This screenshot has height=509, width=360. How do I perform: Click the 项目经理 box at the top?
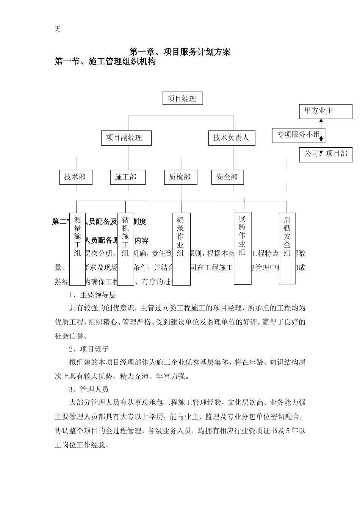point(182,99)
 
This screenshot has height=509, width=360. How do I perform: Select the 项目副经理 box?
point(126,138)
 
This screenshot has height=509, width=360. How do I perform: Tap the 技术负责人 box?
point(232,138)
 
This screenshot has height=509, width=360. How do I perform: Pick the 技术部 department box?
point(76,177)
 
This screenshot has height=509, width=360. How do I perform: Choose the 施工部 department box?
point(128,177)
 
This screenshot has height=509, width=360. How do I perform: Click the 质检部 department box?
point(180,177)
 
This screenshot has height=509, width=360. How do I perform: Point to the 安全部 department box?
point(227,177)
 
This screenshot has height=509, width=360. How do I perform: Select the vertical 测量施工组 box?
point(77,249)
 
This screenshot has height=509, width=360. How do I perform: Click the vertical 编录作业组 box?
point(181,249)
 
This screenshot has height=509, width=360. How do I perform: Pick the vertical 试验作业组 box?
point(243,248)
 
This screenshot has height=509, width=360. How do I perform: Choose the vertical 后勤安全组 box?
point(287,248)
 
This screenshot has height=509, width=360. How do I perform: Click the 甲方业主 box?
point(326,111)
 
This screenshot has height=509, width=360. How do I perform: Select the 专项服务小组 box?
point(298,135)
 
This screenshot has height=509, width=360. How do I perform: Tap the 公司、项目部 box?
point(326,154)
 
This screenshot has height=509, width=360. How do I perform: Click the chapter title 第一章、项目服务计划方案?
point(180,52)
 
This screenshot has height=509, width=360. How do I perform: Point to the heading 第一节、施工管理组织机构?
point(105,61)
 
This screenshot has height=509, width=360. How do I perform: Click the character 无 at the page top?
point(58,29)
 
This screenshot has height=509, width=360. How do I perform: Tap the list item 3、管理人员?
point(89,389)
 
